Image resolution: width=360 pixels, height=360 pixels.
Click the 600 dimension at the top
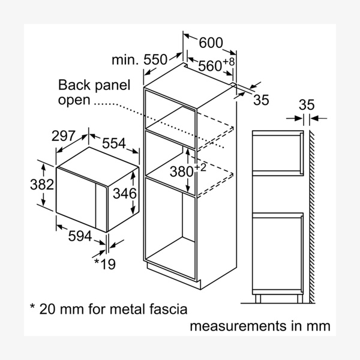tap(211, 43)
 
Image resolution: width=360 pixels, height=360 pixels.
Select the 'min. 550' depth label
tap(139, 59)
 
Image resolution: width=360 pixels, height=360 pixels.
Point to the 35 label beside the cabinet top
tap(260, 100)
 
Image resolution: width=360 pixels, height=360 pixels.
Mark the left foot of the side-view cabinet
tap(257, 298)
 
